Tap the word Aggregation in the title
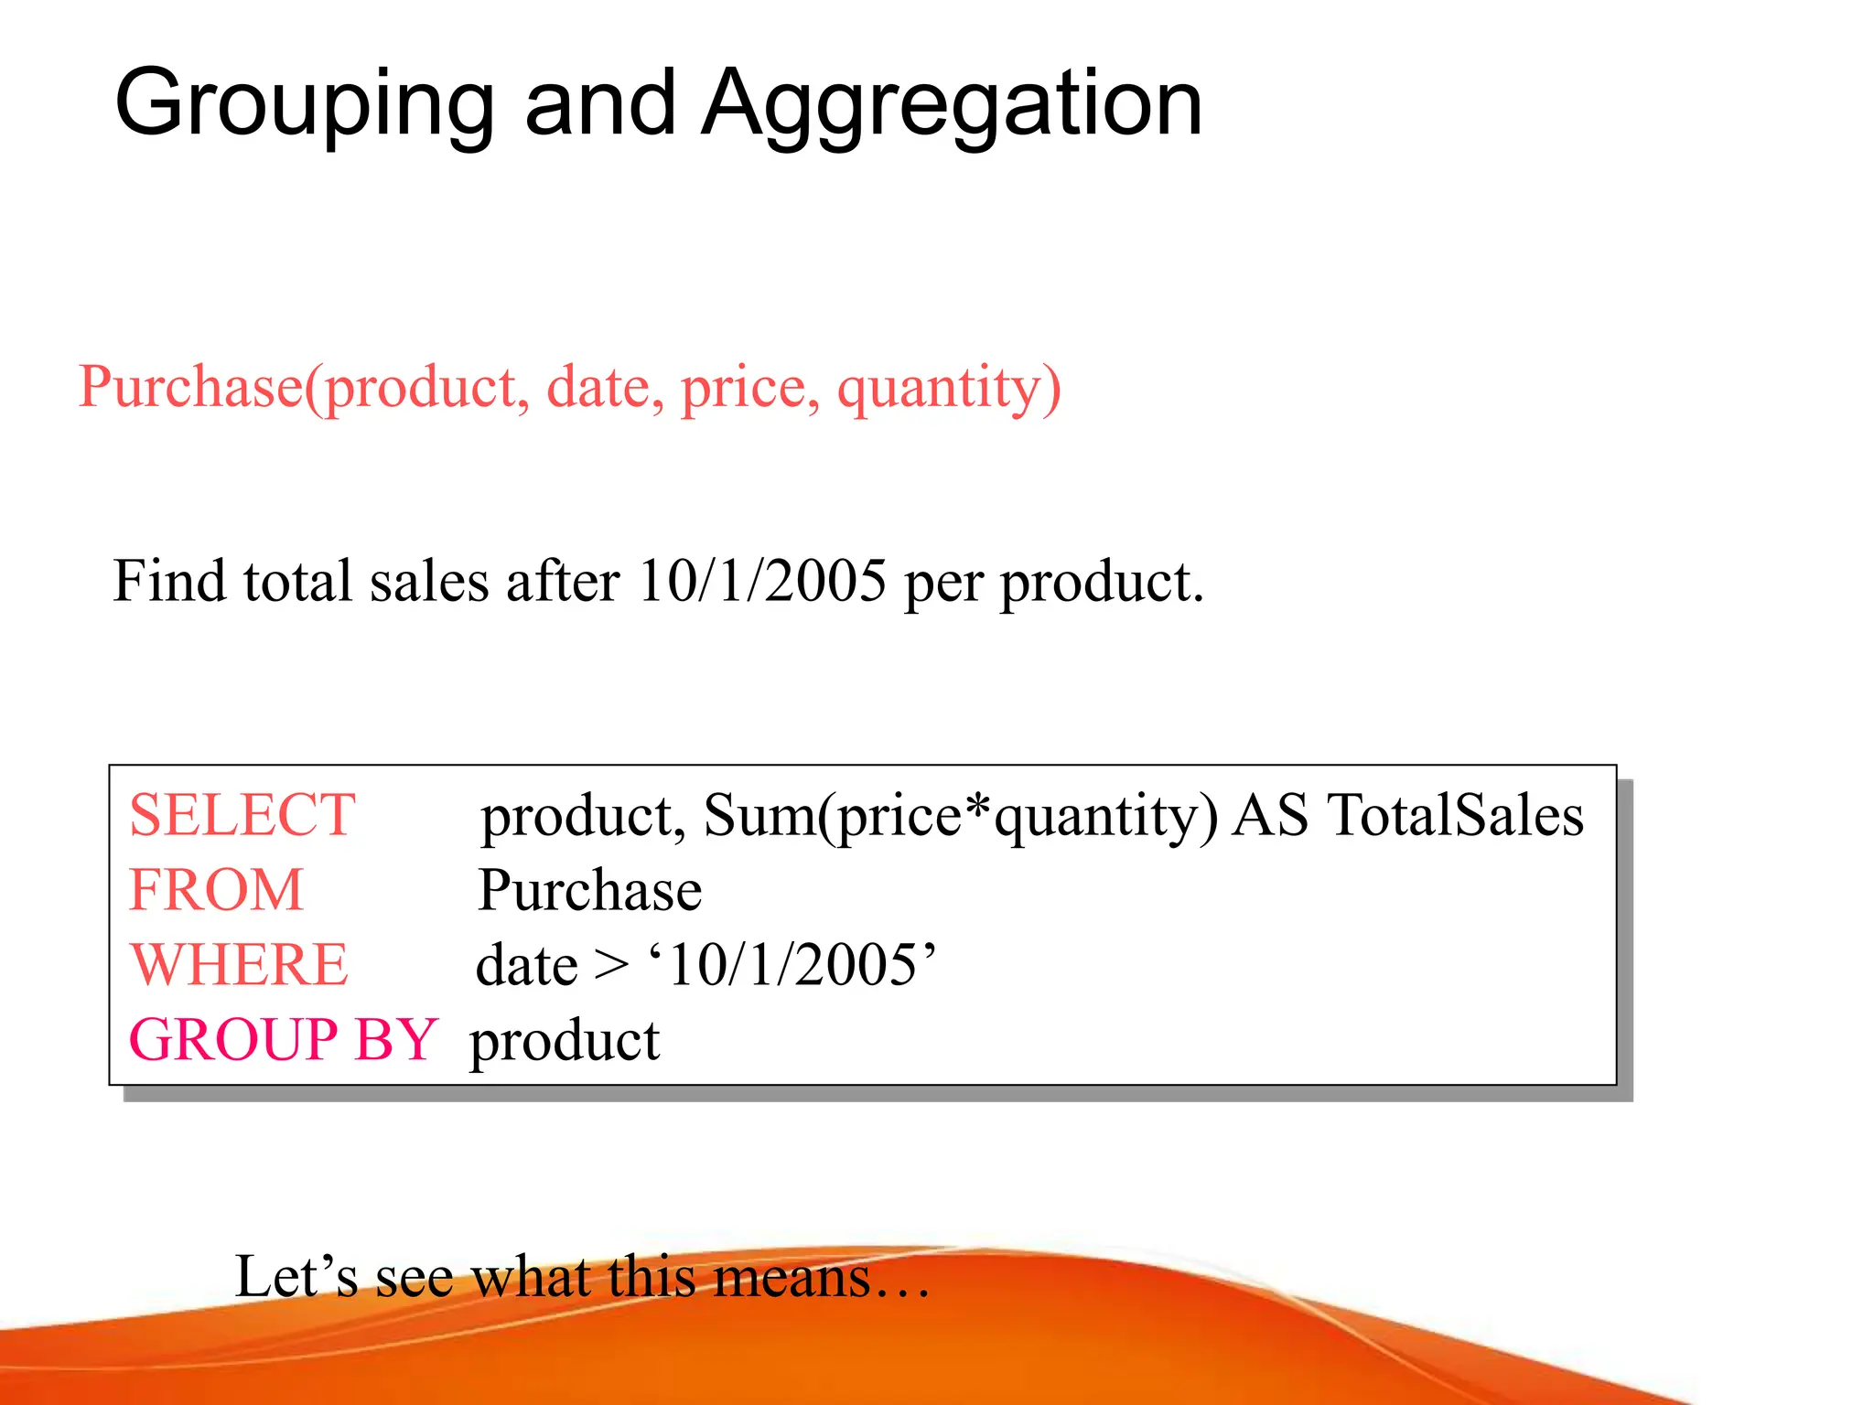point(952,105)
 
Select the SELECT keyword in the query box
point(242,815)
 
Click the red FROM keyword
point(216,890)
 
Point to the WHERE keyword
point(239,965)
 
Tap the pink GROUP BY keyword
point(283,1040)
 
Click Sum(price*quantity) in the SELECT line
point(961,815)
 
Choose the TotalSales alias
point(1456,815)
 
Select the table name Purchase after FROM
point(590,890)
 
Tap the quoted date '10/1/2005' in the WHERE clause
point(792,965)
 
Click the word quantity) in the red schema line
point(949,388)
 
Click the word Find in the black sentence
point(168,581)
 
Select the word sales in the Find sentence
point(428,581)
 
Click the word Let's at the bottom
point(296,1277)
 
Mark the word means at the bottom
point(792,1279)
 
